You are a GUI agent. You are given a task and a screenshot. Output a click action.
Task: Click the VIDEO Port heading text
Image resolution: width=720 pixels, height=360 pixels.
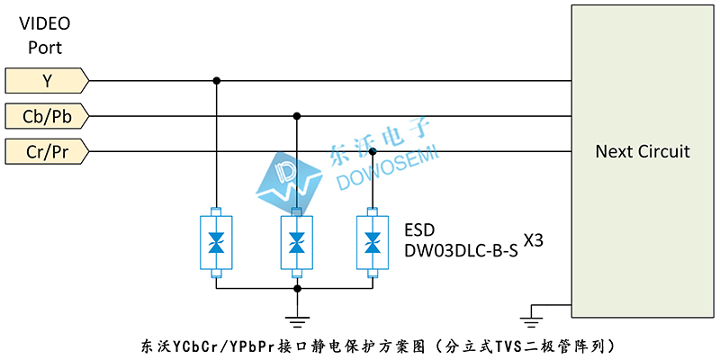click(44, 35)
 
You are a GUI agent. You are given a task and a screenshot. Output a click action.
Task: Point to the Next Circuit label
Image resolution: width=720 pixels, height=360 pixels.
click(643, 151)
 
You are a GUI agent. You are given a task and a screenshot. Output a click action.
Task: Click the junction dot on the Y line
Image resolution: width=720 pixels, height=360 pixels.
click(216, 81)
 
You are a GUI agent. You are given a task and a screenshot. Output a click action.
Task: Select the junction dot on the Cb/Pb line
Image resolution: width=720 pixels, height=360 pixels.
click(297, 115)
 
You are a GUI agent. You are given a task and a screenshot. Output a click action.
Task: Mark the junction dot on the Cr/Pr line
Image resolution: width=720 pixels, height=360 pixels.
click(373, 151)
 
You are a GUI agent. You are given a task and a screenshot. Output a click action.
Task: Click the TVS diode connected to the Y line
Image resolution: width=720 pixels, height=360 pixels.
click(216, 243)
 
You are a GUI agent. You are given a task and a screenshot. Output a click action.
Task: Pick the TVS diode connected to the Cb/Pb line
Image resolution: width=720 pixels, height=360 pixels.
click(297, 243)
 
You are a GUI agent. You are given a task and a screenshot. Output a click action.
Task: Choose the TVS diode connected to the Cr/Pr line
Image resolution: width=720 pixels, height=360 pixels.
click(373, 243)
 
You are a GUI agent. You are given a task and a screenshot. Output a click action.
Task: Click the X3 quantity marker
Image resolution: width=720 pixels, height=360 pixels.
click(534, 242)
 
